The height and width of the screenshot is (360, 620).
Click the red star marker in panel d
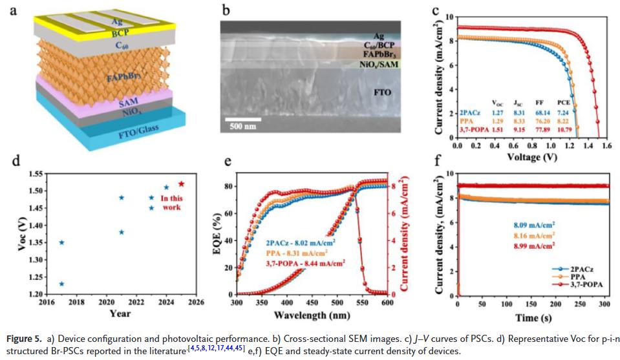point(181,184)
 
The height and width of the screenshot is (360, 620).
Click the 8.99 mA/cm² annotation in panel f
point(534,246)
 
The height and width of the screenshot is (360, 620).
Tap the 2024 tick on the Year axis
point(166,302)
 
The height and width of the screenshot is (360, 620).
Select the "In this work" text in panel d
point(171,202)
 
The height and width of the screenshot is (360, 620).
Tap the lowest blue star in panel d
point(62,283)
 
